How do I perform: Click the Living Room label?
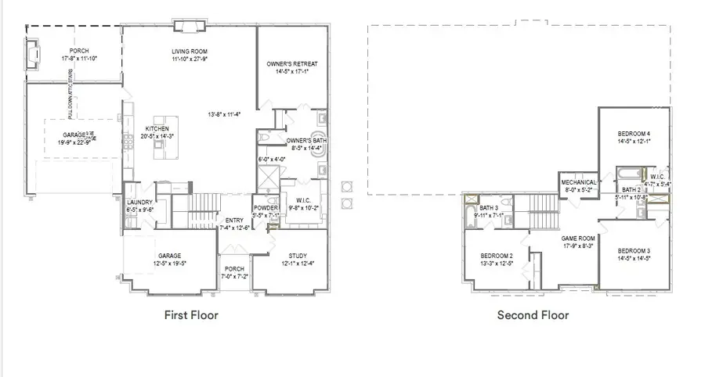point(189,52)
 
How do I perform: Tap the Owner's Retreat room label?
point(292,63)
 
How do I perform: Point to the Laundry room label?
point(139,203)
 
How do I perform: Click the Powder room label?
point(266,208)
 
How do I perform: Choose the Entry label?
point(234,221)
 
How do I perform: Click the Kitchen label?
point(157,129)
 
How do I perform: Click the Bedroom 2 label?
point(497,256)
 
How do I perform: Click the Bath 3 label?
point(490,207)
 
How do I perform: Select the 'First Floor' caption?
point(190,315)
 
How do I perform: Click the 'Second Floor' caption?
point(533,315)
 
